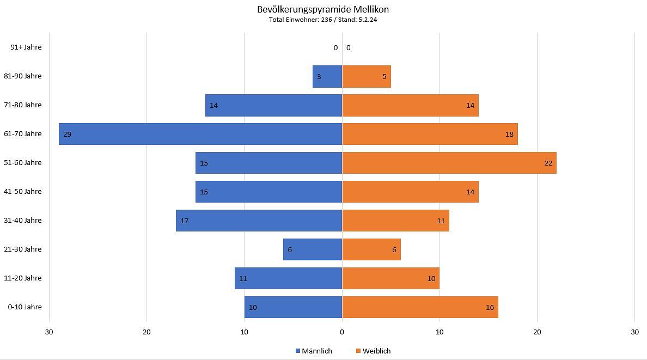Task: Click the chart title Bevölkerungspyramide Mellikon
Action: click(x=323, y=9)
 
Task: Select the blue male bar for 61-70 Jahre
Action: click(x=200, y=134)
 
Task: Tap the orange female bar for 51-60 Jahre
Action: click(x=449, y=163)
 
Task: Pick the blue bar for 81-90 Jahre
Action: click(x=327, y=76)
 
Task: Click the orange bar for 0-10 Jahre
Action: click(x=420, y=307)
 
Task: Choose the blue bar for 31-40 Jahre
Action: click(x=259, y=221)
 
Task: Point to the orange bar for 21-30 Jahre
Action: click(x=371, y=249)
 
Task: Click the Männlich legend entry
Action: click(x=314, y=351)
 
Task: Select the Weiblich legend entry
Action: click(x=374, y=351)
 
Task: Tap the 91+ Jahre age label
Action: click(x=26, y=47)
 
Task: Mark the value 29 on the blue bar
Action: click(x=67, y=134)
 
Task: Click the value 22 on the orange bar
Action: click(x=548, y=163)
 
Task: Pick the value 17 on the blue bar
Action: click(x=184, y=221)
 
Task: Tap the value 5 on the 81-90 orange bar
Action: click(x=384, y=77)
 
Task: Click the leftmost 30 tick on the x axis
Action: click(x=49, y=332)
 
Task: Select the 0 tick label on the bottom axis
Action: click(x=342, y=332)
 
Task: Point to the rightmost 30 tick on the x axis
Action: click(x=634, y=332)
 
